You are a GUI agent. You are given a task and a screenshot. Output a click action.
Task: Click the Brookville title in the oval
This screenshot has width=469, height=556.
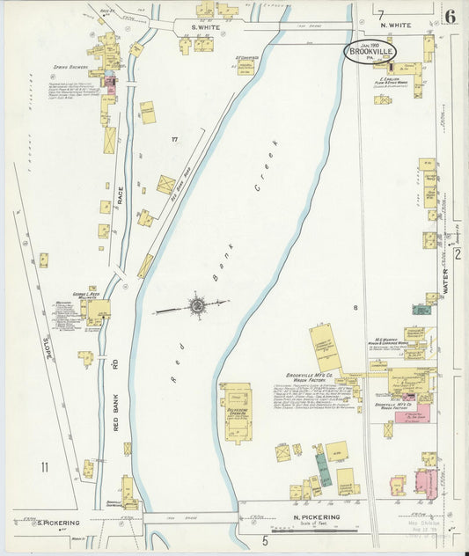pos(370,52)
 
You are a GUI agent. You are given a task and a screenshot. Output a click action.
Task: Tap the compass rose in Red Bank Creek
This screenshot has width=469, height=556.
pos(196,306)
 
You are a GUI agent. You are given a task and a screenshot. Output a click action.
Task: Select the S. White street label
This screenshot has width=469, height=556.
pos(207,28)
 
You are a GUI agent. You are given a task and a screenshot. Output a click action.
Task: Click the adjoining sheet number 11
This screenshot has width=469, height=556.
pos(43,465)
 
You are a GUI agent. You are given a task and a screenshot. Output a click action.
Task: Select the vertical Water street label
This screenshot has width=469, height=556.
pos(445,282)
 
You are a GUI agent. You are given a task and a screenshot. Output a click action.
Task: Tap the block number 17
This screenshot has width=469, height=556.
pos(174,139)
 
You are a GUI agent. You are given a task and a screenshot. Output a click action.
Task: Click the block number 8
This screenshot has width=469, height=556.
pos(355,307)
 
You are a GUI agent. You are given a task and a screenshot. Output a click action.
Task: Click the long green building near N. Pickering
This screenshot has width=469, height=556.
pos(323,471)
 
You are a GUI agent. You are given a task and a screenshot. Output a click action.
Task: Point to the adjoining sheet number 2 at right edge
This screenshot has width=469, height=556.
pos(458,254)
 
